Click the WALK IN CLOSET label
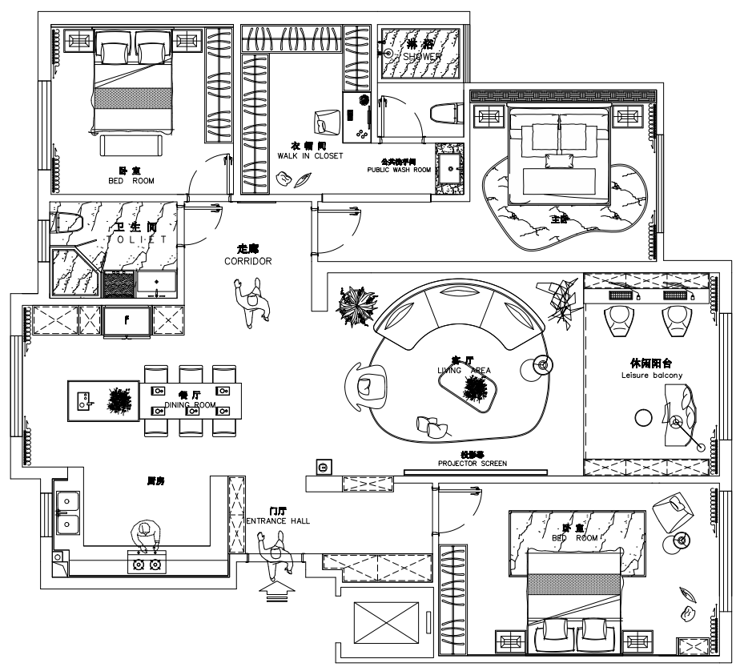click(x=309, y=155)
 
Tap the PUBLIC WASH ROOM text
click(x=399, y=170)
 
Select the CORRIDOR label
click(x=248, y=261)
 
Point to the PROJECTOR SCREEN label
click(x=472, y=463)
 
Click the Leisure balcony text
click(x=651, y=375)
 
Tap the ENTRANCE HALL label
click(x=278, y=520)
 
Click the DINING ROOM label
click(x=190, y=405)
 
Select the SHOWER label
click(x=421, y=57)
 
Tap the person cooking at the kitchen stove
click(x=146, y=537)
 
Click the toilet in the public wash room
click(x=444, y=111)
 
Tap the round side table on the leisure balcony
click(x=643, y=417)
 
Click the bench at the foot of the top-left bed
click(x=132, y=145)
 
